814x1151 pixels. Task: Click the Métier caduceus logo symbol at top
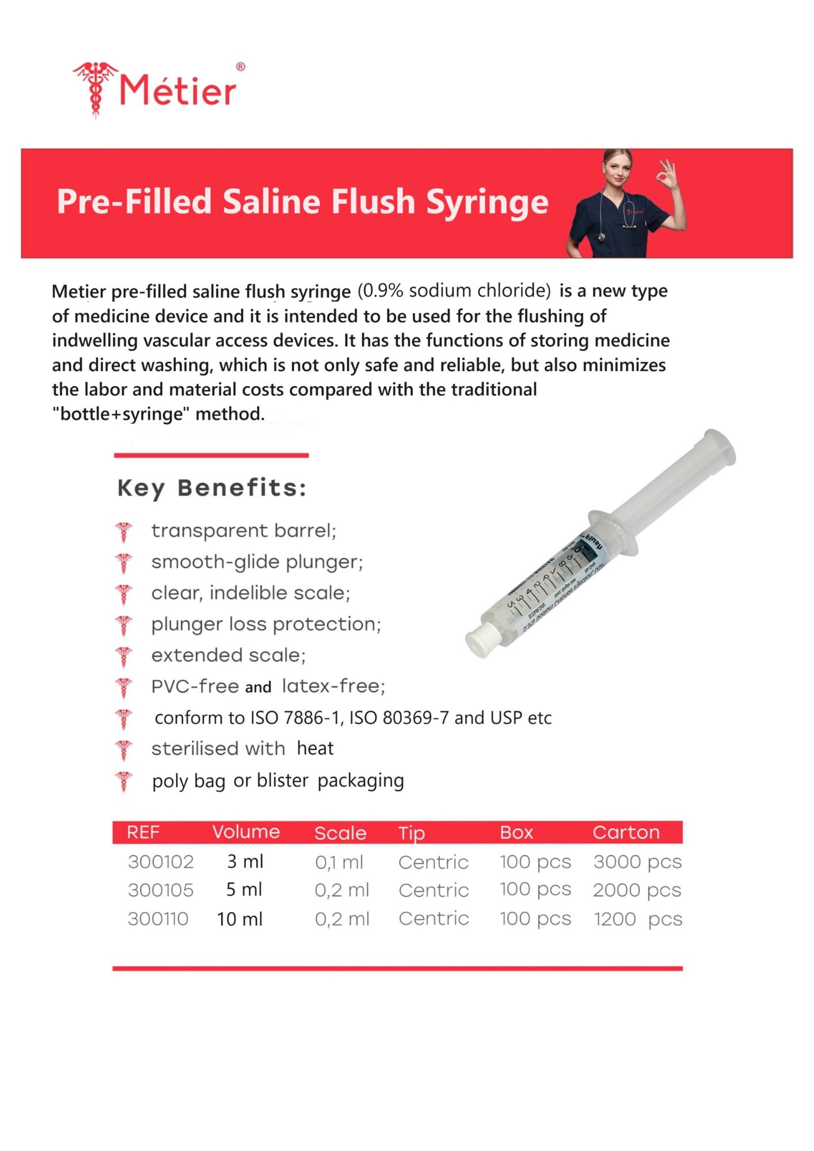96,89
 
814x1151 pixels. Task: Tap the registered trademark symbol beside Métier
241,67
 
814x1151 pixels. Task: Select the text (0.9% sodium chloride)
454,291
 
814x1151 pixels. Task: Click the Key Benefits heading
212,488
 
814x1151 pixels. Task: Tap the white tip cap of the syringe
479,642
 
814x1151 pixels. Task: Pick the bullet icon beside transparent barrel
123,531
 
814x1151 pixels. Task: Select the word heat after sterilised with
315,748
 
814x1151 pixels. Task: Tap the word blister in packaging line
283,780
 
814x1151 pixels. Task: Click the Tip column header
412,833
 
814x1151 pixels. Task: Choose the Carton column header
626,832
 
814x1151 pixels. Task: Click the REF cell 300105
161,890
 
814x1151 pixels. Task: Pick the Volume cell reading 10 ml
239,919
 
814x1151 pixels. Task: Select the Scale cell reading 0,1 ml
339,862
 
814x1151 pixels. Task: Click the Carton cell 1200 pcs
637,919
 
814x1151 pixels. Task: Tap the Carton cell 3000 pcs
637,862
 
